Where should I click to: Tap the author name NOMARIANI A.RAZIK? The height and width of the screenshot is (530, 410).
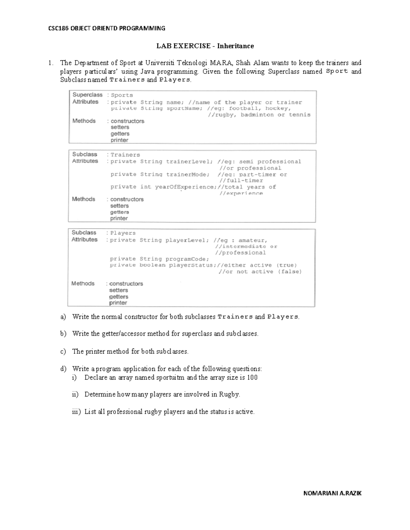coord(332,493)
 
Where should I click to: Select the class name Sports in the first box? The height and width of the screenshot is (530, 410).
coord(122,95)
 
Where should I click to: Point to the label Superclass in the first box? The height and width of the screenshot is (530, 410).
coord(87,95)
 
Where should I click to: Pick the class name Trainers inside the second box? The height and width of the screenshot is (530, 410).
coord(125,155)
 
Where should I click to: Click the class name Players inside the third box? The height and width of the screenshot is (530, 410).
coord(123,233)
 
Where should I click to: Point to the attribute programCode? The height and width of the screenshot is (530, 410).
coord(187,259)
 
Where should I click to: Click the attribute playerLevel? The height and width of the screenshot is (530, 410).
coord(187,240)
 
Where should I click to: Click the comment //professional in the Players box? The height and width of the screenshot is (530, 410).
coord(240,253)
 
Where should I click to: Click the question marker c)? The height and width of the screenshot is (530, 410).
coord(63,352)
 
